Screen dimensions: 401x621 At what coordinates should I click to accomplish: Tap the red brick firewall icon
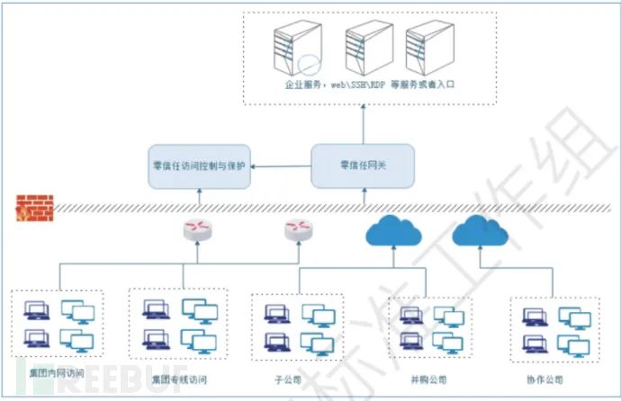coord(34,208)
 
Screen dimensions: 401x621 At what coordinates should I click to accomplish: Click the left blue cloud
coord(393,233)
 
